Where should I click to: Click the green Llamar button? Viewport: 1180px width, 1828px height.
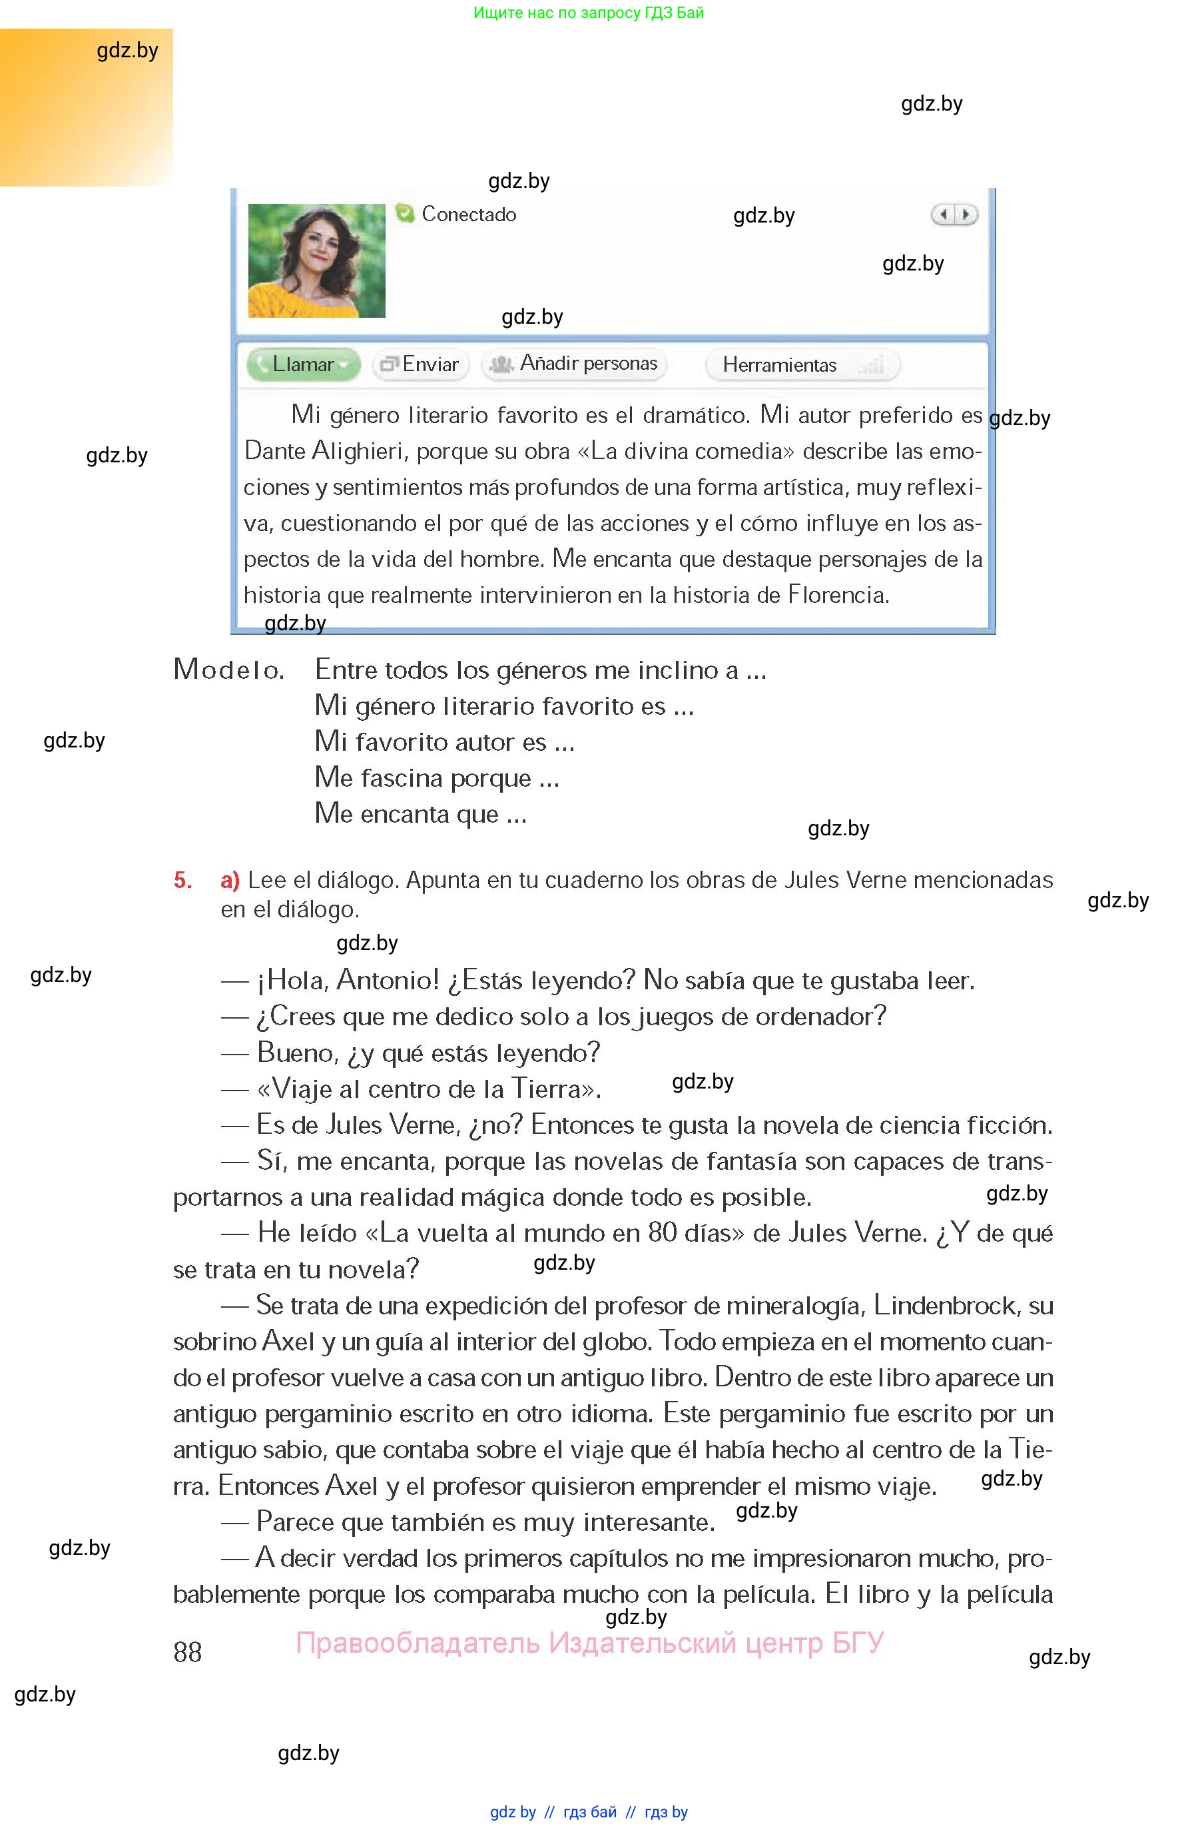pyautogui.click(x=303, y=365)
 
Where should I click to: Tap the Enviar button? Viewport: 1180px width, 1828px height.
pyautogui.click(x=420, y=365)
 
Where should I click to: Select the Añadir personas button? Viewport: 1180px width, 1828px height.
pyautogui.click(x=575, y=364)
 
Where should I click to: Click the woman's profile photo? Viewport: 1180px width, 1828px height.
pyautogui.click(x=316, y=260)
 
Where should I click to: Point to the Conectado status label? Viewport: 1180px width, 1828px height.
pyautogui.click(x=468, y=215)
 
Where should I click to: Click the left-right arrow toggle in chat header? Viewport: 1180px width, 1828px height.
pyautogui.click(x=954, y=215)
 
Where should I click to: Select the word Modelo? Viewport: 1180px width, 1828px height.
pyautogui.click(x=228, y=670)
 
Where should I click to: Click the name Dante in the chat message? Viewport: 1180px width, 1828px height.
pyautogui.click(x=275, y=451)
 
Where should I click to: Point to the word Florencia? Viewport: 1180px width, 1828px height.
pyautogui.click(x=838, y=595)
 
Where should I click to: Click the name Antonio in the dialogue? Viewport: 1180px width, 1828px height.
pyautogui.click(x=388, y=981)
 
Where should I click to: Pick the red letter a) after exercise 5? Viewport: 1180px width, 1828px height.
pyautogui.click(x=230, y=880)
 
